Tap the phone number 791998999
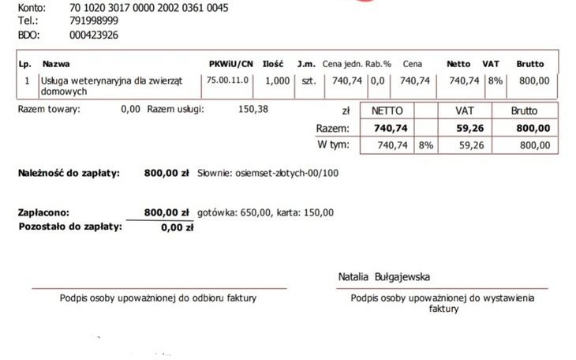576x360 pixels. click(x=94, y=21)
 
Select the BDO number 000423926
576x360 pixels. click(x=94, y=36)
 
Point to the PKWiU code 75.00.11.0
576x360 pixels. click(x=228, y=81)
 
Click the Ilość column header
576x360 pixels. click(x=272, y=64)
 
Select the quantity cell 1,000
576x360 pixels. click(x=278, y=81)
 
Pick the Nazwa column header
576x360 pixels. click(x=54, y=64)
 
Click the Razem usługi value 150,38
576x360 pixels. click(x=252, y=109)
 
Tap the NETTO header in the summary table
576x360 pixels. click(x=387, y=112)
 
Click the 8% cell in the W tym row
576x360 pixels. click(x=425, y=145)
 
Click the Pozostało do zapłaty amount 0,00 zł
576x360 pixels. click(x=177, y=227)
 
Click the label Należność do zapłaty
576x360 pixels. click(x=69, y=173)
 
